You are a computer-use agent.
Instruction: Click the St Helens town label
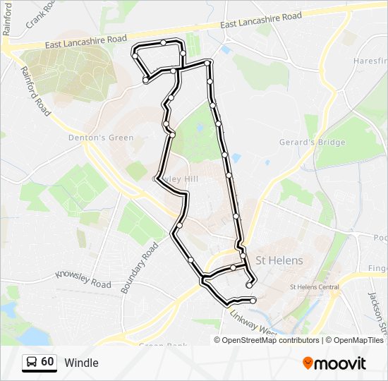[279, 260]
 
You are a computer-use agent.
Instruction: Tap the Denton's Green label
[101, 138]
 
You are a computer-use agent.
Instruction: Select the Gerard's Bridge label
[313, 143]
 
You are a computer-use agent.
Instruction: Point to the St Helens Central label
[315, 287]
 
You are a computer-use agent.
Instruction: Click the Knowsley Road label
[83, 279]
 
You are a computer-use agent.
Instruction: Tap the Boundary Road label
[140, 268]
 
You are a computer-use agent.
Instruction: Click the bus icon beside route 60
[31, 362]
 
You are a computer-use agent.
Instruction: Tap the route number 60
[47, 362]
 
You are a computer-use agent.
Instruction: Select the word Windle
[81, 363]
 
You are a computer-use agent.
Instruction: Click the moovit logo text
[341, 363]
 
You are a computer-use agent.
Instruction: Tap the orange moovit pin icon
[308, 363]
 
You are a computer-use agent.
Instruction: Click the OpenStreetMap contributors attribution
[270, 340]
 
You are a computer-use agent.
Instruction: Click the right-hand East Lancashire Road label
[261, 20]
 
